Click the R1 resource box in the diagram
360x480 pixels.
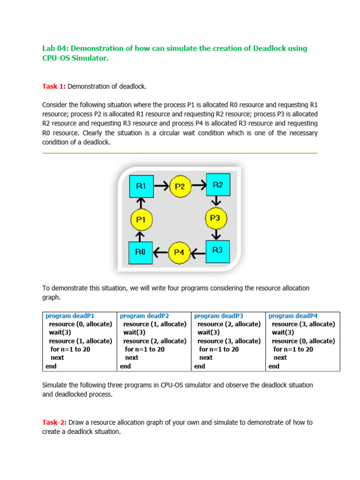click(141, 187)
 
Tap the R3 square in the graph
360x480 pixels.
click(217, 251)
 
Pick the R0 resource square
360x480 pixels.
click(141, 252)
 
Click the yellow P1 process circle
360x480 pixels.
click(141, 219)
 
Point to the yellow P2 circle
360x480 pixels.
click(180, 187)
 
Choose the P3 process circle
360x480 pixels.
click(215, 218)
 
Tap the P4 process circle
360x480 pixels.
click(179, 252)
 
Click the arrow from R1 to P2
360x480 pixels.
click(161, 186)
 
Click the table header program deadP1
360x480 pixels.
click(73, 316)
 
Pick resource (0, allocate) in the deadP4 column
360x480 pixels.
click(303, 341)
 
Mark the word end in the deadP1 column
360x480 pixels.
click(51, 366)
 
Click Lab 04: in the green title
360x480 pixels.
click(55, 49)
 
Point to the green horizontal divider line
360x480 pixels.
click(180, 153)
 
